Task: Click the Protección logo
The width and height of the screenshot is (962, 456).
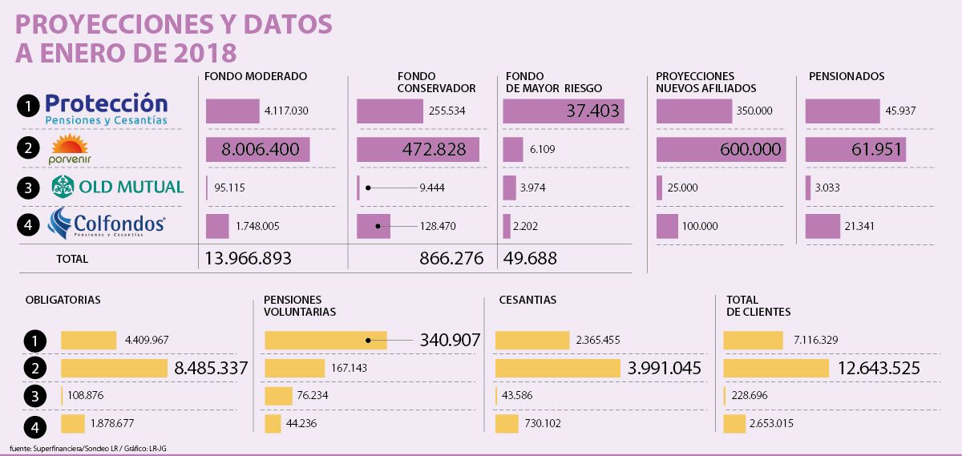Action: [107, 110]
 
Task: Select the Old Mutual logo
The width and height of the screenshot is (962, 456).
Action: [118, 188]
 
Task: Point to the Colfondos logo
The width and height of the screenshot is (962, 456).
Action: [107, 224]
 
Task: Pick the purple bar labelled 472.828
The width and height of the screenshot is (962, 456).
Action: [417, 150]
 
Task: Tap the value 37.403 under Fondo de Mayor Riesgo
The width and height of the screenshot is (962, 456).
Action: [592, 111]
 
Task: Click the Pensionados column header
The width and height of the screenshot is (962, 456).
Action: [846, 76]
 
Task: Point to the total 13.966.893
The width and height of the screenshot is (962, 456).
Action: [248, 258]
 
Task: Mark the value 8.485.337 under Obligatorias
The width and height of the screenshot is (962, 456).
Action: [211, 369]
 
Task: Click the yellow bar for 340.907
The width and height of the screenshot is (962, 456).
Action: [325, 340]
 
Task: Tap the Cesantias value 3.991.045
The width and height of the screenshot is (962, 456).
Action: [664, 369]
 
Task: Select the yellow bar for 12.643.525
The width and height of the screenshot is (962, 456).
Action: [775, 369]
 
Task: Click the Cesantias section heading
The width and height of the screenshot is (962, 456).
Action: [527, 300]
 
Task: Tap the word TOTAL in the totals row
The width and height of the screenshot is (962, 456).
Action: [72, 259]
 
